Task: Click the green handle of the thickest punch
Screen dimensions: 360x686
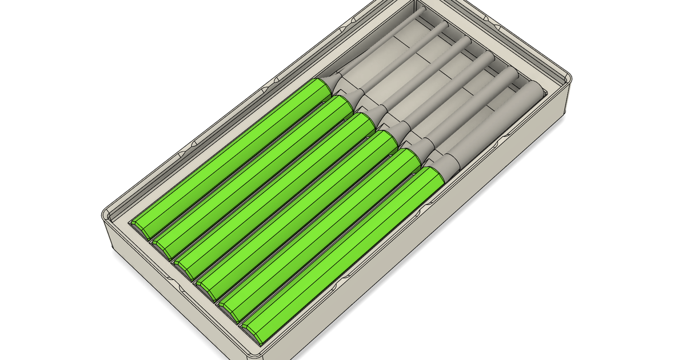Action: (x=343, y=251)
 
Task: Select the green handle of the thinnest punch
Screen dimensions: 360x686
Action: (x=229, y=154)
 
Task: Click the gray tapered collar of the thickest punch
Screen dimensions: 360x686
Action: (x=449, y=163)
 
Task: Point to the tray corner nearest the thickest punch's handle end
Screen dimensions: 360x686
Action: (x=252, y=353)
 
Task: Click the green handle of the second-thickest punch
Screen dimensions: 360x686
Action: (x=320, y=231)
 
